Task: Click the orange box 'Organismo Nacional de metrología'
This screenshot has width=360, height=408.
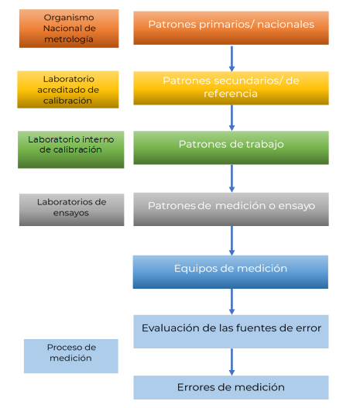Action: (69, 29)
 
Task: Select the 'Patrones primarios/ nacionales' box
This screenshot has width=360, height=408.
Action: (231, 28)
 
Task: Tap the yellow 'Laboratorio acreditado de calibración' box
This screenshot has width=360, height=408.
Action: (68, 90)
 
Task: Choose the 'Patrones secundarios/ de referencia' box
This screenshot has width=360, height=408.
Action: (231, 88)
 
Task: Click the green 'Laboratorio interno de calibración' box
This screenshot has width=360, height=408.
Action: (71, 149)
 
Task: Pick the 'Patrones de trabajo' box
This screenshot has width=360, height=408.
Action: (231, 148)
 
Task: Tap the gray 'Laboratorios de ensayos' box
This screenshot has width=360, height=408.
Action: (71, 210)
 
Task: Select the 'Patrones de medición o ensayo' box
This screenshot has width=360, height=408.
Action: (231, 209)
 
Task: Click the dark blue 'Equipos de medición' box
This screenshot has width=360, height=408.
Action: (231, 272)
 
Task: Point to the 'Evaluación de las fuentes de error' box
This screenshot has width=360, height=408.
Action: (231, 331)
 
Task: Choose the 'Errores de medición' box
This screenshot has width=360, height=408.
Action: (231, 387)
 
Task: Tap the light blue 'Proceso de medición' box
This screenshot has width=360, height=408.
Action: (71, 356)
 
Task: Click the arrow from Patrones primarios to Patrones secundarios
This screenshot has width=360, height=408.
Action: (231, 59)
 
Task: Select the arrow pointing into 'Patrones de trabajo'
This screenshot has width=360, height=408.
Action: (231, 118)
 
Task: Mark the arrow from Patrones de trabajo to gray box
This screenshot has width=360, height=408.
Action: (231, 179)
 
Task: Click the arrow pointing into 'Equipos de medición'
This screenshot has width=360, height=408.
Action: (231, 241)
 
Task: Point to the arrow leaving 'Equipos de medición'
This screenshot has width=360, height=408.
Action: (231, 302)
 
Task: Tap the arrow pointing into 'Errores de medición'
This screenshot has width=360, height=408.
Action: (231, 362)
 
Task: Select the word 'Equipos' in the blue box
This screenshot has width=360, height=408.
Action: (195, 269)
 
